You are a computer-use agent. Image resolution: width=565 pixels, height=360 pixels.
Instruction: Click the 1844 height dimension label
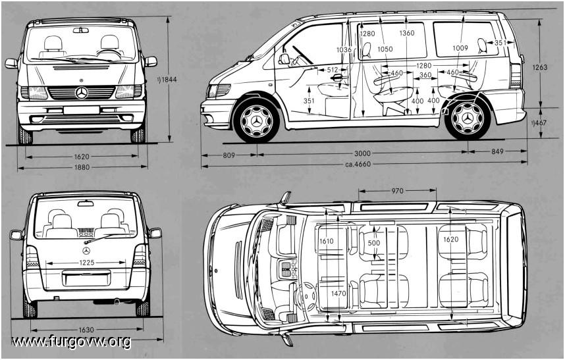click(167, 80)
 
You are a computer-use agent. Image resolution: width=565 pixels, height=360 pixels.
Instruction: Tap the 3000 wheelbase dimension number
click(362, 154)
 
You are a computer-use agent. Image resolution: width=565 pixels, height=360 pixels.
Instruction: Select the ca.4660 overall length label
click(358, 165)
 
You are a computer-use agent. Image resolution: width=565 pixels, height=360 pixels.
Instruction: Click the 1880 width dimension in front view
click(82, 167)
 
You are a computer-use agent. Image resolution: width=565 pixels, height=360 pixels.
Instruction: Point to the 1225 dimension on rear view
click(86, 263)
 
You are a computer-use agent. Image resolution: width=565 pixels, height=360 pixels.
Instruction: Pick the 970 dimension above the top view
click(398, 191)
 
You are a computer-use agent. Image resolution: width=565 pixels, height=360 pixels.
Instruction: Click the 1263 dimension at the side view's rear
click(541, 67)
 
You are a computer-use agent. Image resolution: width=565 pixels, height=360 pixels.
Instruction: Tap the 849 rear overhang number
click(497, 152)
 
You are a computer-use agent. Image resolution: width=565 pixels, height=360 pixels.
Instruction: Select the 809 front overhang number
click(229, 155)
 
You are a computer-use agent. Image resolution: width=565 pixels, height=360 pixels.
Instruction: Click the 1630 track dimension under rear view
click(86, 330)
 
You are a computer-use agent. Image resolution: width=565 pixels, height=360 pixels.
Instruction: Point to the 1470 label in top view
click(338, 294)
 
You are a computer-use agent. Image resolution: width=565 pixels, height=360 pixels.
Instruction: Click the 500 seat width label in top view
click(373, 243)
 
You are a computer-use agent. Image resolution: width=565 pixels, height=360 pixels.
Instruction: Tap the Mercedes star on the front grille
click(82, 93)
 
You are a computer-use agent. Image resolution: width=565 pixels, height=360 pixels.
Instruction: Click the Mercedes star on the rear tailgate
click(86, 251)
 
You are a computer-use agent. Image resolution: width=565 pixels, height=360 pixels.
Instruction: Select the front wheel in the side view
click(256, 120)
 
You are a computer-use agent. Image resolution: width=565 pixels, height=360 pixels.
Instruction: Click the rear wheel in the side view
click(468, 118)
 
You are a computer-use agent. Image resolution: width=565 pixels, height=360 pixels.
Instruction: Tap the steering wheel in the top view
click(305, 296)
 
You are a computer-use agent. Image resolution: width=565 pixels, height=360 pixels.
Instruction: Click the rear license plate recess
click(86, 278)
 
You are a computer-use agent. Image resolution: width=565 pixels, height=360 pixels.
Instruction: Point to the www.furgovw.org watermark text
click(71, 342)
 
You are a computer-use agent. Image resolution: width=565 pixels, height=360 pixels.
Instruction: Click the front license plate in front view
click(82, 110)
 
